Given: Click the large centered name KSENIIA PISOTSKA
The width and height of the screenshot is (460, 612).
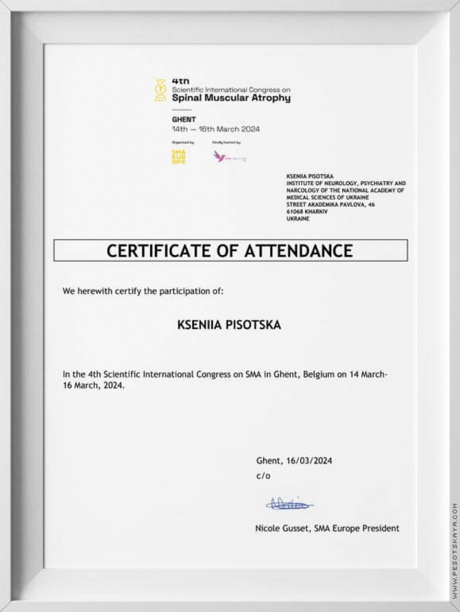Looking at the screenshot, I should (229, 325).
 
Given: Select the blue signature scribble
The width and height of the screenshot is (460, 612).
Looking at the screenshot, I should (289, 504).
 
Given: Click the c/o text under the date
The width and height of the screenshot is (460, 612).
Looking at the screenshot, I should (263, 476).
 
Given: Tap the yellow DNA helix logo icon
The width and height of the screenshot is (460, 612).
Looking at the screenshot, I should (160, 90).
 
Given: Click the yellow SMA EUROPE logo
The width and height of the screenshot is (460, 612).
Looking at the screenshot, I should (178, 157).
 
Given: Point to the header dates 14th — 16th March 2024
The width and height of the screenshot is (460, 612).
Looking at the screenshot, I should (215, 129).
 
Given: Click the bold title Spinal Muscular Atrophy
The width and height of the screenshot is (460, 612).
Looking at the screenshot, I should (231, 98).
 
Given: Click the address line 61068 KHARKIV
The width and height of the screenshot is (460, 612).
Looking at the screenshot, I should (307, 211).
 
